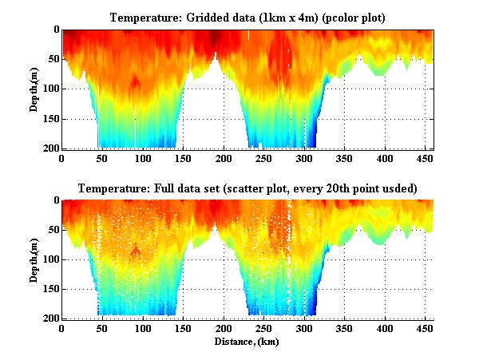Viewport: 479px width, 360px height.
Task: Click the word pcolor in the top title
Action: (341, 18)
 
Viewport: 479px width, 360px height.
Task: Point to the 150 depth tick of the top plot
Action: (50, 119)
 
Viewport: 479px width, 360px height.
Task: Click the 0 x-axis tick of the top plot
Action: (61, 158)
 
